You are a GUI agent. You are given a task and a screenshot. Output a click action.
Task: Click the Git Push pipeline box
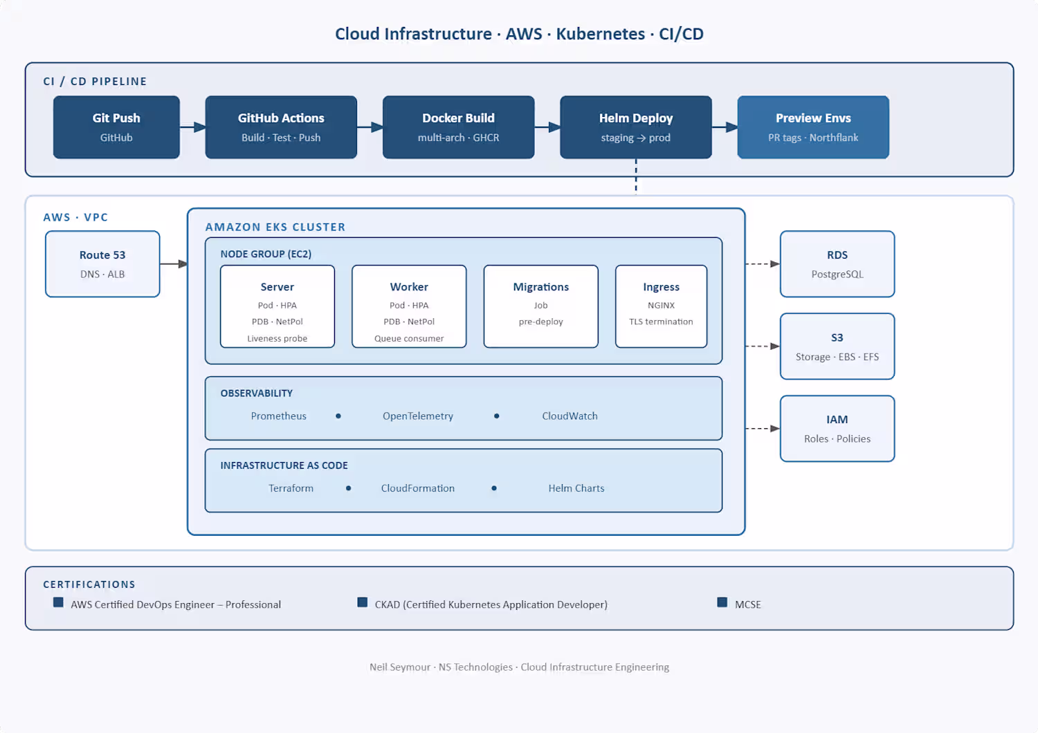point(116,127)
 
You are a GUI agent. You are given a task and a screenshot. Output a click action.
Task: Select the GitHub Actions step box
point(281,127)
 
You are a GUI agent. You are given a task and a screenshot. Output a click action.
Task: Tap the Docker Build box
point(458,127)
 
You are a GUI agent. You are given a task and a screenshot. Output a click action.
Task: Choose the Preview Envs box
point(813,127)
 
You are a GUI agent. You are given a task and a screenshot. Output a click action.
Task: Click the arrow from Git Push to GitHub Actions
point(193,127)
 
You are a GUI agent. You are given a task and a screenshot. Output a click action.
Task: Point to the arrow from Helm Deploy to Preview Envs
point(725,127)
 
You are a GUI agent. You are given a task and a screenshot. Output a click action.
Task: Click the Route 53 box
point(102,264)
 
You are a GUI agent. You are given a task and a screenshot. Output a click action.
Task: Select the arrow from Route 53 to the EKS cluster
point(174,264)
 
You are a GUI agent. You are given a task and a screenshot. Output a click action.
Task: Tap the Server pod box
point(277,306)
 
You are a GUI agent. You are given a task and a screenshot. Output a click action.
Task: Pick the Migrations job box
point(540,306)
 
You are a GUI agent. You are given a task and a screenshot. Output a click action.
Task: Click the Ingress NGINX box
point(662,306)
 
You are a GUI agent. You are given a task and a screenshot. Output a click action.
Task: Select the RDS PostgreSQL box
point(837,264)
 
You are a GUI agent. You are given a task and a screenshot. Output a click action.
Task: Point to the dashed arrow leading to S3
point(763,346)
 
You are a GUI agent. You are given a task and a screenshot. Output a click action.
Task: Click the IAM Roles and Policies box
point(837,428)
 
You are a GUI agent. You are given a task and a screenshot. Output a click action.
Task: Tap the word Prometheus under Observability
point(278,416)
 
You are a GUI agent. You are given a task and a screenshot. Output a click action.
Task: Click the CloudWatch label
point(570,416)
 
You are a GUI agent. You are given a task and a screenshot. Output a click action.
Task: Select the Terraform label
point(291,488)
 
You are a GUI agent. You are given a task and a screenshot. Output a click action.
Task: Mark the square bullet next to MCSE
point(722,602)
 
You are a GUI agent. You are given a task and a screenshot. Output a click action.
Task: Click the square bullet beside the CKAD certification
point(363,602)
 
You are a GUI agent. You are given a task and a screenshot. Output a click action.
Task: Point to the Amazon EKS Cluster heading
point(275,227)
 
